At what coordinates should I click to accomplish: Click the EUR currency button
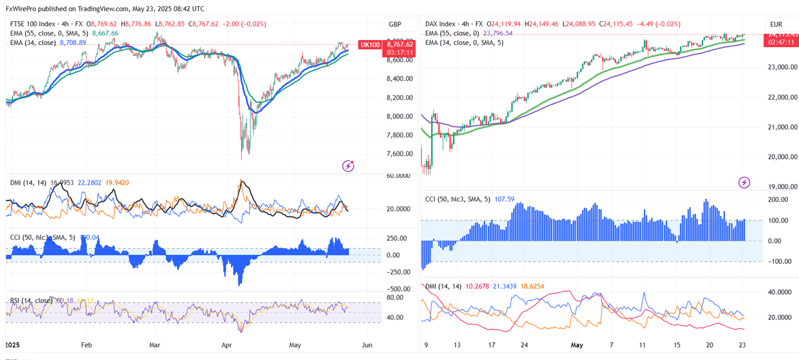[x=776, y=24]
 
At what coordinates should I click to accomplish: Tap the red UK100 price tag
[x=371, y=45]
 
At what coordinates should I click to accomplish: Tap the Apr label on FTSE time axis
[x=226, y=345]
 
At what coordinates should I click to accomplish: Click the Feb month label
[x=87, y=345]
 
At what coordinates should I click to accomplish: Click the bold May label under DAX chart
[x=577, y=345]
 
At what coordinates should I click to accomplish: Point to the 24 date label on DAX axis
[x=524, y=345]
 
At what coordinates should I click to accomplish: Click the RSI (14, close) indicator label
[x=32, y=301]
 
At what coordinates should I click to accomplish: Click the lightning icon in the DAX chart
[x=744, y=182]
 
